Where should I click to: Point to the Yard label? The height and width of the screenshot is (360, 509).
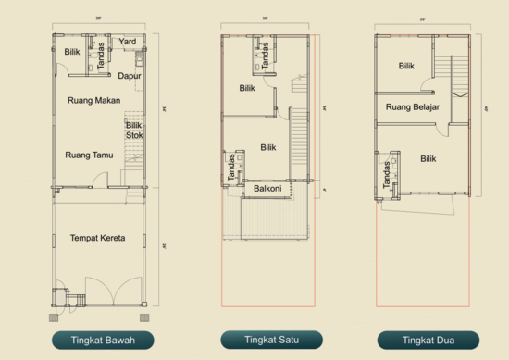pos(128,42)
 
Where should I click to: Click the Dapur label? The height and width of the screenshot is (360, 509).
pos(129,76)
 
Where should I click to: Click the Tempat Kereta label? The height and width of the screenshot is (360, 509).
pos(97,238)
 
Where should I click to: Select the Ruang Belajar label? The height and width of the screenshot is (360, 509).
pos(412,107)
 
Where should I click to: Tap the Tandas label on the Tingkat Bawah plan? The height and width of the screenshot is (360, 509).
pos(101,51)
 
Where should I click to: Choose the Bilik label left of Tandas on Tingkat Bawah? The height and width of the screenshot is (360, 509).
pos(71,52)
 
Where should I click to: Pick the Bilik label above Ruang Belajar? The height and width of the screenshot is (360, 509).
pos(406,66)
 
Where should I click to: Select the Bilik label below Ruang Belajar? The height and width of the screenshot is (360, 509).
pos(428,158)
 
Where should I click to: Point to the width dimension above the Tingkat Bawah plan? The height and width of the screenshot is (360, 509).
pos(98,19)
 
